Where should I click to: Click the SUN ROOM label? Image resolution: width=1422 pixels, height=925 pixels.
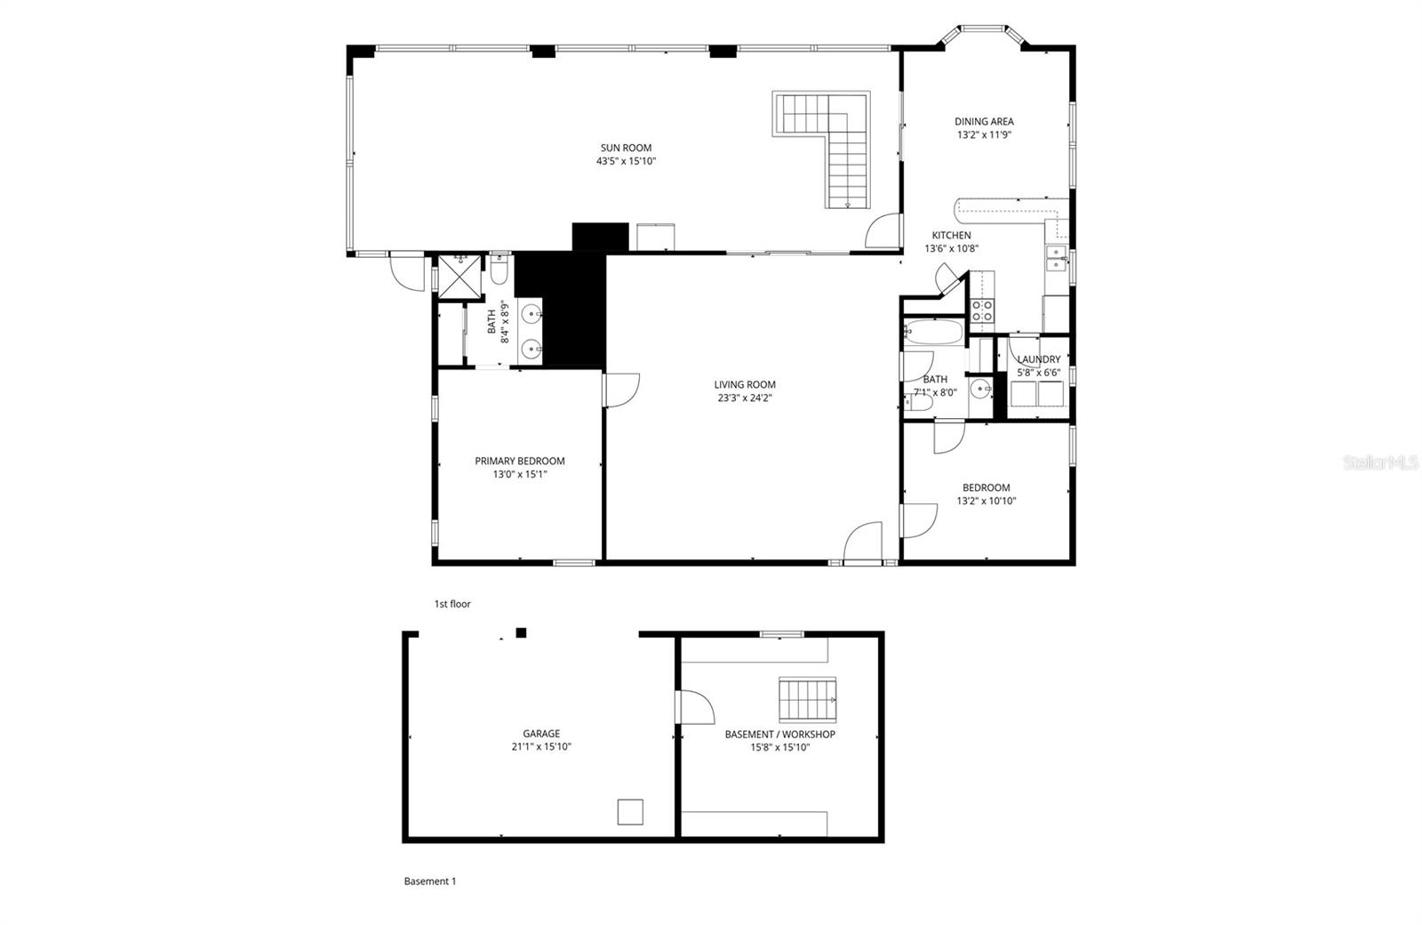tap(626, 148)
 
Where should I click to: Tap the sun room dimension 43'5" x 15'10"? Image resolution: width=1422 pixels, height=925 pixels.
tap(626, 162)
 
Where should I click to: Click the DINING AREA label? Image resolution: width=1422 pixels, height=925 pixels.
tap(984, 122)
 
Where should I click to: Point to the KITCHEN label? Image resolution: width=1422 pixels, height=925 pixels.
tap(951, 236)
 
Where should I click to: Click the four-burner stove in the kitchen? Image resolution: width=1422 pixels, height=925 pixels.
tap(982, 310)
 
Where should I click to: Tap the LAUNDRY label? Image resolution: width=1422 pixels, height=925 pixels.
tap(1038, 359)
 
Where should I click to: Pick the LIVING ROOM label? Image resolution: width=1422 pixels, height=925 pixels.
tap(745, 385)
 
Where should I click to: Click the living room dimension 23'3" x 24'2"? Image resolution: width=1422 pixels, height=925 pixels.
tap(745, 398)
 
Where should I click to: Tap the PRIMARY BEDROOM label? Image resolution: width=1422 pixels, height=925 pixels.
tap(519, 461)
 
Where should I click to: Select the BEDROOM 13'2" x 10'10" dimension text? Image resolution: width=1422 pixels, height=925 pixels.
tap(986, 502)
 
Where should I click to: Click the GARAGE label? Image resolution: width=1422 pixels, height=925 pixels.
tap(540, 734)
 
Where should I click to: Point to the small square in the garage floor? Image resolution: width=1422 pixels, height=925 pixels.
tap(630, 812)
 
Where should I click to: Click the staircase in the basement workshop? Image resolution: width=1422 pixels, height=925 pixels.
tap(808, 699)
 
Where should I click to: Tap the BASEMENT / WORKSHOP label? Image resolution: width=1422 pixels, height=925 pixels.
tap(779, 734)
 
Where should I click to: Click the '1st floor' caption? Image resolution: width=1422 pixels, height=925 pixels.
tap(452, 604)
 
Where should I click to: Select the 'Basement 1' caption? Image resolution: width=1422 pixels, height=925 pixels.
tap(429, 881)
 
